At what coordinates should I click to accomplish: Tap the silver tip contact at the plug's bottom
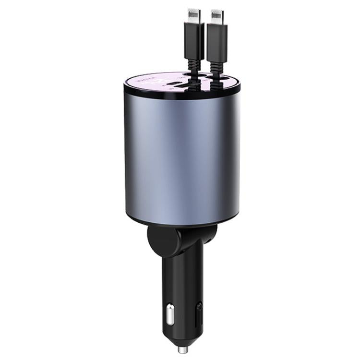click(x=182, y=349)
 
